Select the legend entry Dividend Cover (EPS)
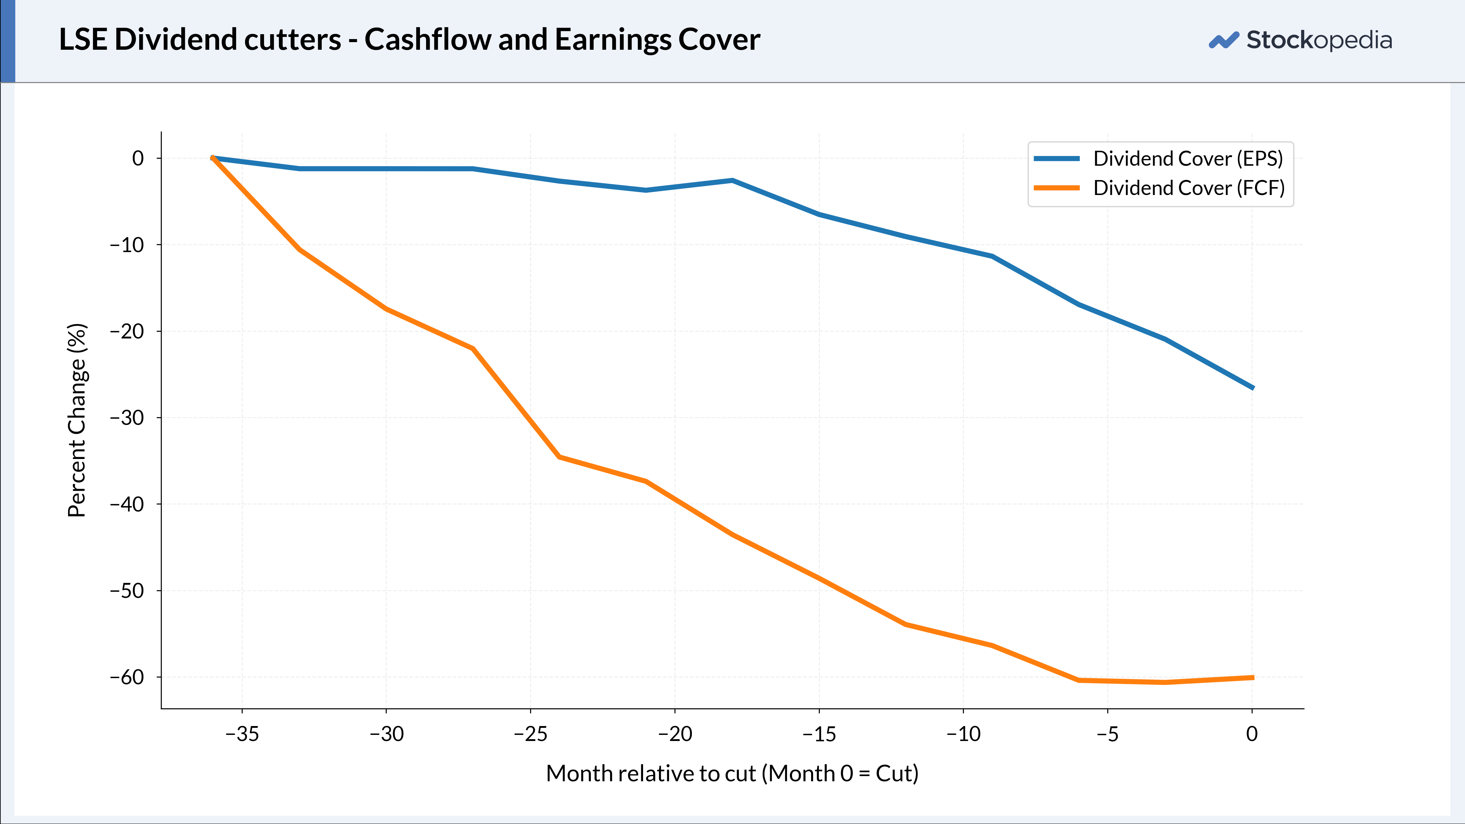(x=1159, y=159)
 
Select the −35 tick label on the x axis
(x=242, y=734)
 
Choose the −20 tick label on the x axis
(x=675, y=734)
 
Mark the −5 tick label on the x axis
(x=1108, y=734)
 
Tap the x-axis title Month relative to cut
(x=651, y=774)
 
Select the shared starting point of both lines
(x=213, y=157)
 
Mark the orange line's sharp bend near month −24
(x=559, y=457)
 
